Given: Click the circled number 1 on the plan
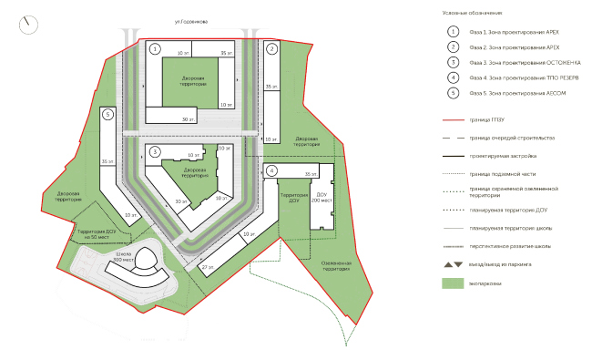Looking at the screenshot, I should click(x=155, y=47).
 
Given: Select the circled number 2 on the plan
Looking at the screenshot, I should click(x=271, y=47).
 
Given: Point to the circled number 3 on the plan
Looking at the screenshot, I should click(x=155, y=150).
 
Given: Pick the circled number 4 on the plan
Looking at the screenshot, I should click(x=271, y=170).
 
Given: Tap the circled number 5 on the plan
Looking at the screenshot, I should click(x=107, y=114).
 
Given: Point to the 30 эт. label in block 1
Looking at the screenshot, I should click(x=188, y=119).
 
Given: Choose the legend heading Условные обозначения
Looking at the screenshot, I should click(x=472, y=13).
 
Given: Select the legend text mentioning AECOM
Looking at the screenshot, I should click(x=511, y=94).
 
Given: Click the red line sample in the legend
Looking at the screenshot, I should click(x=453, y=120).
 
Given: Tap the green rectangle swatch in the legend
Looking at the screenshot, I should click(x=453, y=283).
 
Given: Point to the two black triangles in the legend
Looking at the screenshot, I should click(x=453, y=263).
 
